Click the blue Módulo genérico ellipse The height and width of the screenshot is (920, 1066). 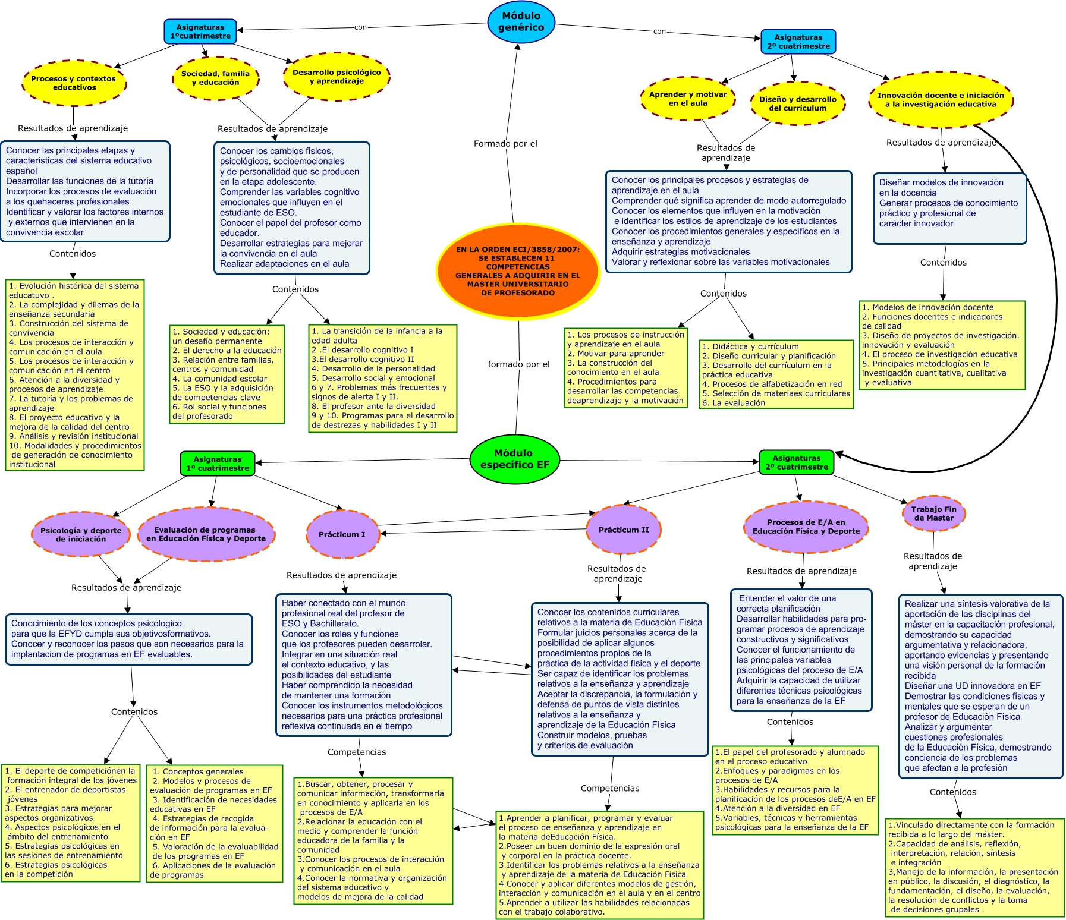click(521, 22)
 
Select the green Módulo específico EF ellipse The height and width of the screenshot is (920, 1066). click(515, 459)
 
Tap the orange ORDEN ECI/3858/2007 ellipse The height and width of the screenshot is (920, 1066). click(517, 271)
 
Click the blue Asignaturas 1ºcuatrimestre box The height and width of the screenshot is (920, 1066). click(200, 31)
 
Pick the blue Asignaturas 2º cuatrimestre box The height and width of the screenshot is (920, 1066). click(798, 42)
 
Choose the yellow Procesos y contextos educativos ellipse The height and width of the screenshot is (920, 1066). click(74, 83)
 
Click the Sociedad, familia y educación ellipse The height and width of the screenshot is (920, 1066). click(215, 78)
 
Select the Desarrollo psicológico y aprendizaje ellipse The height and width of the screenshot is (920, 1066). click(337, 76)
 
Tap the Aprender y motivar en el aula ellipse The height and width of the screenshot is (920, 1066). click(688, 99)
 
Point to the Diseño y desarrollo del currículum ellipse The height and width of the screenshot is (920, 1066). click(797, 103)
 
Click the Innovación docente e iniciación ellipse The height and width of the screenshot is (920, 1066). click(941, 100)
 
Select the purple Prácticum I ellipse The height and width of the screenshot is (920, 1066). click(342, 534)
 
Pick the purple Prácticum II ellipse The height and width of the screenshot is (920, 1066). click(624, 530)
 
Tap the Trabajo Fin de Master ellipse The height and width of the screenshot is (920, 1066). click(933, 513)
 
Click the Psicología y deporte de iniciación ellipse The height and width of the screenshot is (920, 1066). click(81, 534)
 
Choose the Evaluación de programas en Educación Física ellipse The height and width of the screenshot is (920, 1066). click(206, 534)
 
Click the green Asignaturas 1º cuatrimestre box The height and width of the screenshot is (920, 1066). click(218, 464)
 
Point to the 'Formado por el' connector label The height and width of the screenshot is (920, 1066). click(505, 144)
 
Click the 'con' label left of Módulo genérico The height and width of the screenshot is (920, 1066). click(360, 27)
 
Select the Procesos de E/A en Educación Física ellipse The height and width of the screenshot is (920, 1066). click(806, 527)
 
